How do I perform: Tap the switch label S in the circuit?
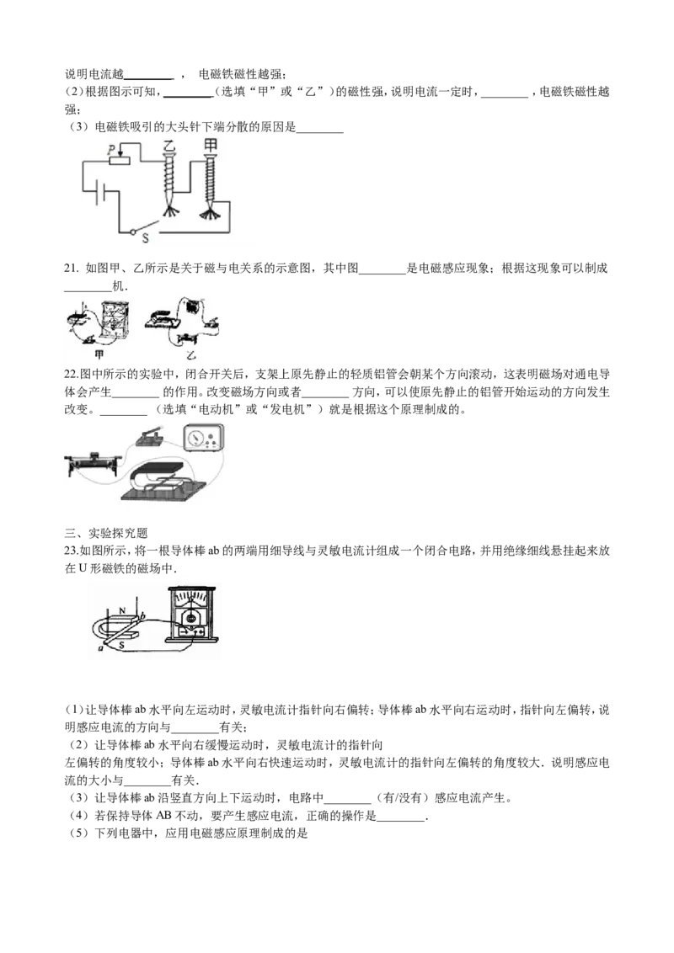tap(146, 238)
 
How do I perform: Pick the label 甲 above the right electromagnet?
tap(211, 146)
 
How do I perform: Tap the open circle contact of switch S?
tap(132, 231)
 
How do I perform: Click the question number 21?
tap(71, 269)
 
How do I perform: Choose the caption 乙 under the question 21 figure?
tap(191, 355)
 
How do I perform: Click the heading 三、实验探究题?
tap(106, 533)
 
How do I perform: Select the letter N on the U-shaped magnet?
tap(122, 611)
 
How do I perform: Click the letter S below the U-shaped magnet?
tap(121, 646)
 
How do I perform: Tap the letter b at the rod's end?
tap(142, 617)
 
